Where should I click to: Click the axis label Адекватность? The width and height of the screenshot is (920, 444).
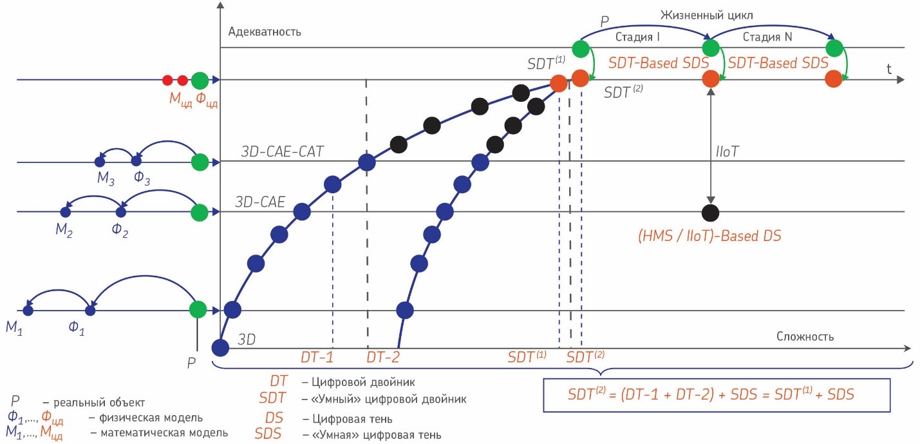coord(265,32)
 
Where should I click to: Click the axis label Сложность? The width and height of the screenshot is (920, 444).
coord(805,336)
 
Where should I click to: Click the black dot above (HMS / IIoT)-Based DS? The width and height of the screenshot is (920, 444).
coord(710,211)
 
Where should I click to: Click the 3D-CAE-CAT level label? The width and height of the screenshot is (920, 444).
coord(282,152)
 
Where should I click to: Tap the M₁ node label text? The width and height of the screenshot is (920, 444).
coord(14,327)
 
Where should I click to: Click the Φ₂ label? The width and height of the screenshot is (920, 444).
coord(120,229)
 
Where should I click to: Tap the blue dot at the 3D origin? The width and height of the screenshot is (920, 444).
coord(220,347)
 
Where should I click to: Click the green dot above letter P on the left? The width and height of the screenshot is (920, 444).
coord(198,309)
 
